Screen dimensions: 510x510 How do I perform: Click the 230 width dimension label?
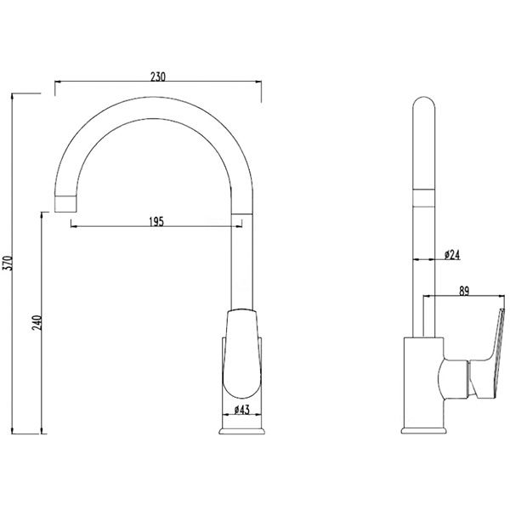click(x=158, y=76)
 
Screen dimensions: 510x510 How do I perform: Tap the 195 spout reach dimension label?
click(x=156, y=222)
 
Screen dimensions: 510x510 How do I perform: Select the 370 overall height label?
click(x=8, y=263)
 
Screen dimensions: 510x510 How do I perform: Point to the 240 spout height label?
click(x=37, y=322)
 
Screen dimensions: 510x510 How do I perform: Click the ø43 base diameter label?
click(x=241, y=411)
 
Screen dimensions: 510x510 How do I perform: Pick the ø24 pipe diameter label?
click(x=452, y=255)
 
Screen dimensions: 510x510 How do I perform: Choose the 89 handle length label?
click(x=464, y=292)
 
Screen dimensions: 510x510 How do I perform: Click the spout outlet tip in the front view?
click(x=65, y=204)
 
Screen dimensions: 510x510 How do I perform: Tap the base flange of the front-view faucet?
click(x=241, y=431)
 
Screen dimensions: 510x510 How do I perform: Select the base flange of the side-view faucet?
click(x=423, y=431)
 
